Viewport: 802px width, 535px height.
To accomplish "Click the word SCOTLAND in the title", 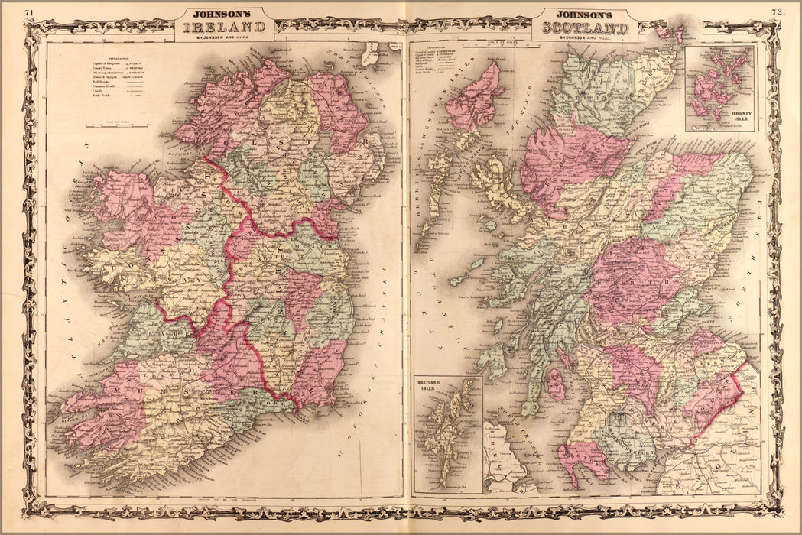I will (585, 28).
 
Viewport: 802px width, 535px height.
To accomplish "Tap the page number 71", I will (29, 12).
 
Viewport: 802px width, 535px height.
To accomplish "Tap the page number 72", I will (777, 12).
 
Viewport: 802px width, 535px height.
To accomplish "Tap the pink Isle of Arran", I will (555, 384).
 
